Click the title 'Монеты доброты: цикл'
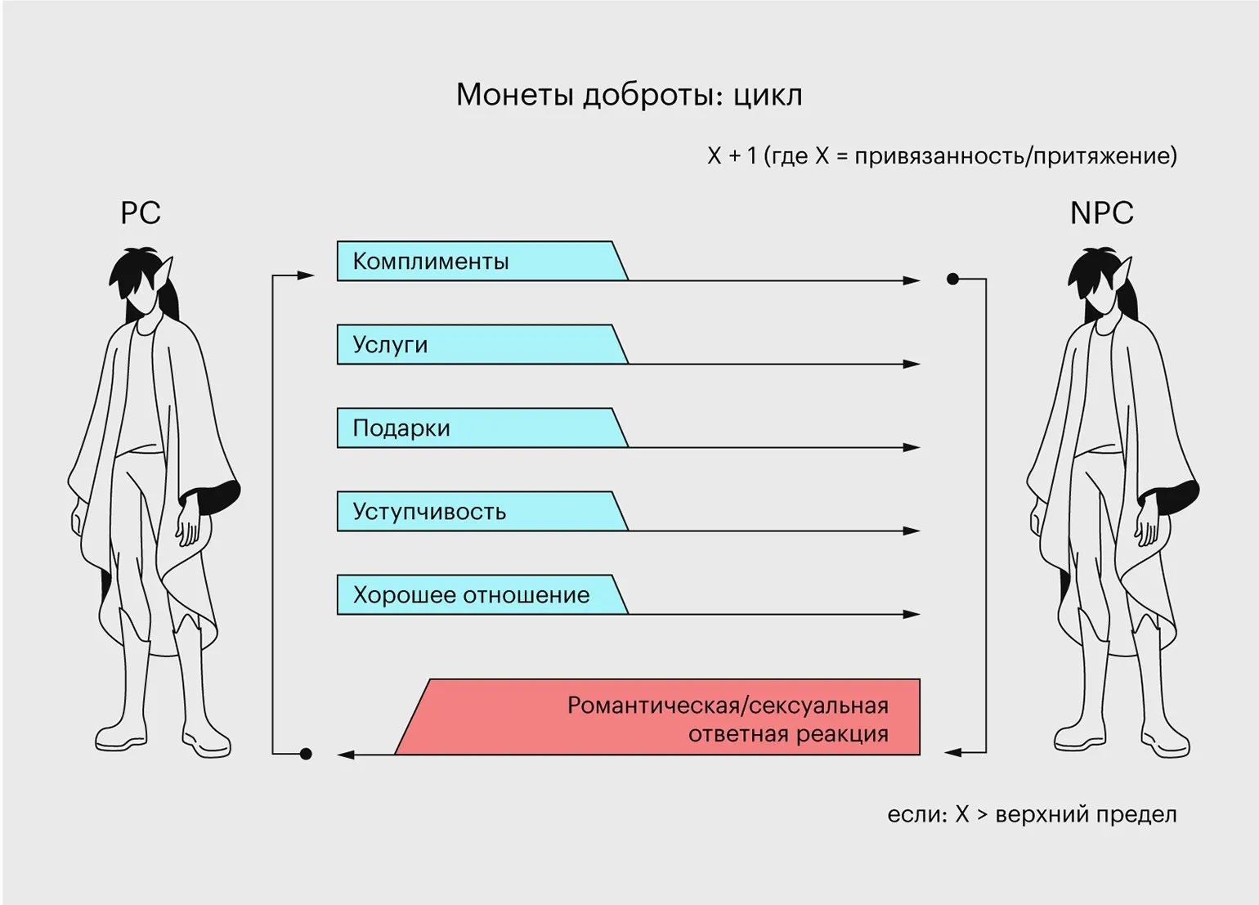(x=629, y=95)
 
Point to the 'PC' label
(x=141, y=213)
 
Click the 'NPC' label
(x=1101, y=213)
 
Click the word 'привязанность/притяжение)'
(x=1015, y=155)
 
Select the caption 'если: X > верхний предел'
(x=1032, y=814)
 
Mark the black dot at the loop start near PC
(x=306, y=754)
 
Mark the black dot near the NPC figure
(x=952, y=279)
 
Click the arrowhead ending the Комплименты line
(x=912, y=280)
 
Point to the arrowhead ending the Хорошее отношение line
(x=912, y=614)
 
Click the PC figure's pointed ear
(x=168, y=270)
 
